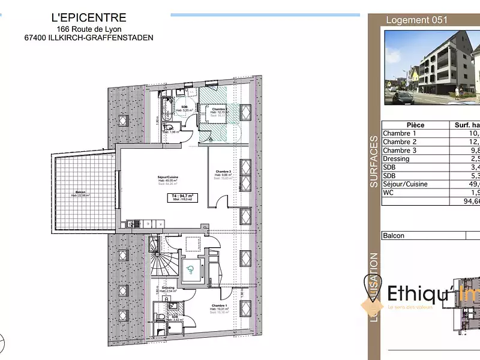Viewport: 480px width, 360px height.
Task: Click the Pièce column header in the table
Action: point(412,125)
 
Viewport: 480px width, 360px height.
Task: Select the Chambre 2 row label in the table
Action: point(400,142)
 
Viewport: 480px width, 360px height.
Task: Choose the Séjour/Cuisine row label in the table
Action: point(406,184)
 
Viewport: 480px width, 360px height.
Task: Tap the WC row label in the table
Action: point(389,192)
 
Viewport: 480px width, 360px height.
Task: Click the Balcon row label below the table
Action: point(394,236)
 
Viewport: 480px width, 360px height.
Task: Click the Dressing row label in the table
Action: point(397,158)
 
